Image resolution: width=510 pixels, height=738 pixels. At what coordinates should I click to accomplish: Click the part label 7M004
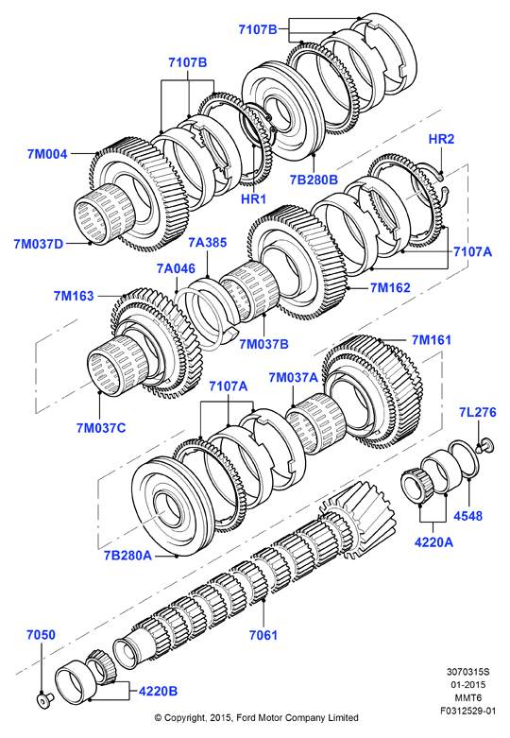pyautogui.click(x=47, y=154)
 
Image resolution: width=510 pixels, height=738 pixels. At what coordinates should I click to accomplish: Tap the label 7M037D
pyautogui.click(x=38, y=244)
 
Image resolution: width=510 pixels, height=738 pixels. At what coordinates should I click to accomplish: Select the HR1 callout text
pyautogui.click(x=254, y=198)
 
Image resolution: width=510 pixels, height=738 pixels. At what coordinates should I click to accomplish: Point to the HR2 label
pyautogui.click(x=441, y=139)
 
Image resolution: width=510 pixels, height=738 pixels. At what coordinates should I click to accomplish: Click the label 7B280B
pyautogui.click(x=314, y=180)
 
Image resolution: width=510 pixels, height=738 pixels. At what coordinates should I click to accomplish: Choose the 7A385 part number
pyautogui.click(x=208, y=243)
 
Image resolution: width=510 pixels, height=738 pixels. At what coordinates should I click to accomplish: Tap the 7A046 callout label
pyautogui.click(x=176, y=268)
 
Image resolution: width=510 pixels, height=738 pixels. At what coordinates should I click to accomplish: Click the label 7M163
pyautogui.click(x=74, y=296)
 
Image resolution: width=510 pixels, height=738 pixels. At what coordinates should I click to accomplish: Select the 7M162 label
pyautogui.click(x=390, y=287)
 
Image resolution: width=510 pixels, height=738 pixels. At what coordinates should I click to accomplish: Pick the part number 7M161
pyautogui.click(x=432, y=340)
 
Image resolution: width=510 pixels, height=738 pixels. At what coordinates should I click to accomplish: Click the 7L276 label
pyautogui.click(x=478, y=412)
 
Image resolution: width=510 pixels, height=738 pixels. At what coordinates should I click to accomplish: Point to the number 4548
pyautogui.click(x=468, y=516)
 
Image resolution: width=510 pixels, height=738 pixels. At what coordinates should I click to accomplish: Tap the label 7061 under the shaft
pyautogui.click(x=263, y=635)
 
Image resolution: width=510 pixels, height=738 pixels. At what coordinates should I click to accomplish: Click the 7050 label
pyautogui.click(x=41, y=635)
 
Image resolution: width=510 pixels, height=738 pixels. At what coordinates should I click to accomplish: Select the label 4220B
pyautogui.click(x=158, y=691)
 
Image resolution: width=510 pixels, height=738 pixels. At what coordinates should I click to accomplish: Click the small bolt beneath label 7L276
pyautogui.click(x=484, y=445)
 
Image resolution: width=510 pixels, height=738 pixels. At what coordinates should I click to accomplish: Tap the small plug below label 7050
pyautogui.click(x=44, y=701)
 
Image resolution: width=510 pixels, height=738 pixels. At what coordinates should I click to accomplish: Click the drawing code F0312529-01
pyautogui.click(x=468, y=711)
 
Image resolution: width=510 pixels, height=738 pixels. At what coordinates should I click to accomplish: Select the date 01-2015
pyautogui.click(x=468, y=685)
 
